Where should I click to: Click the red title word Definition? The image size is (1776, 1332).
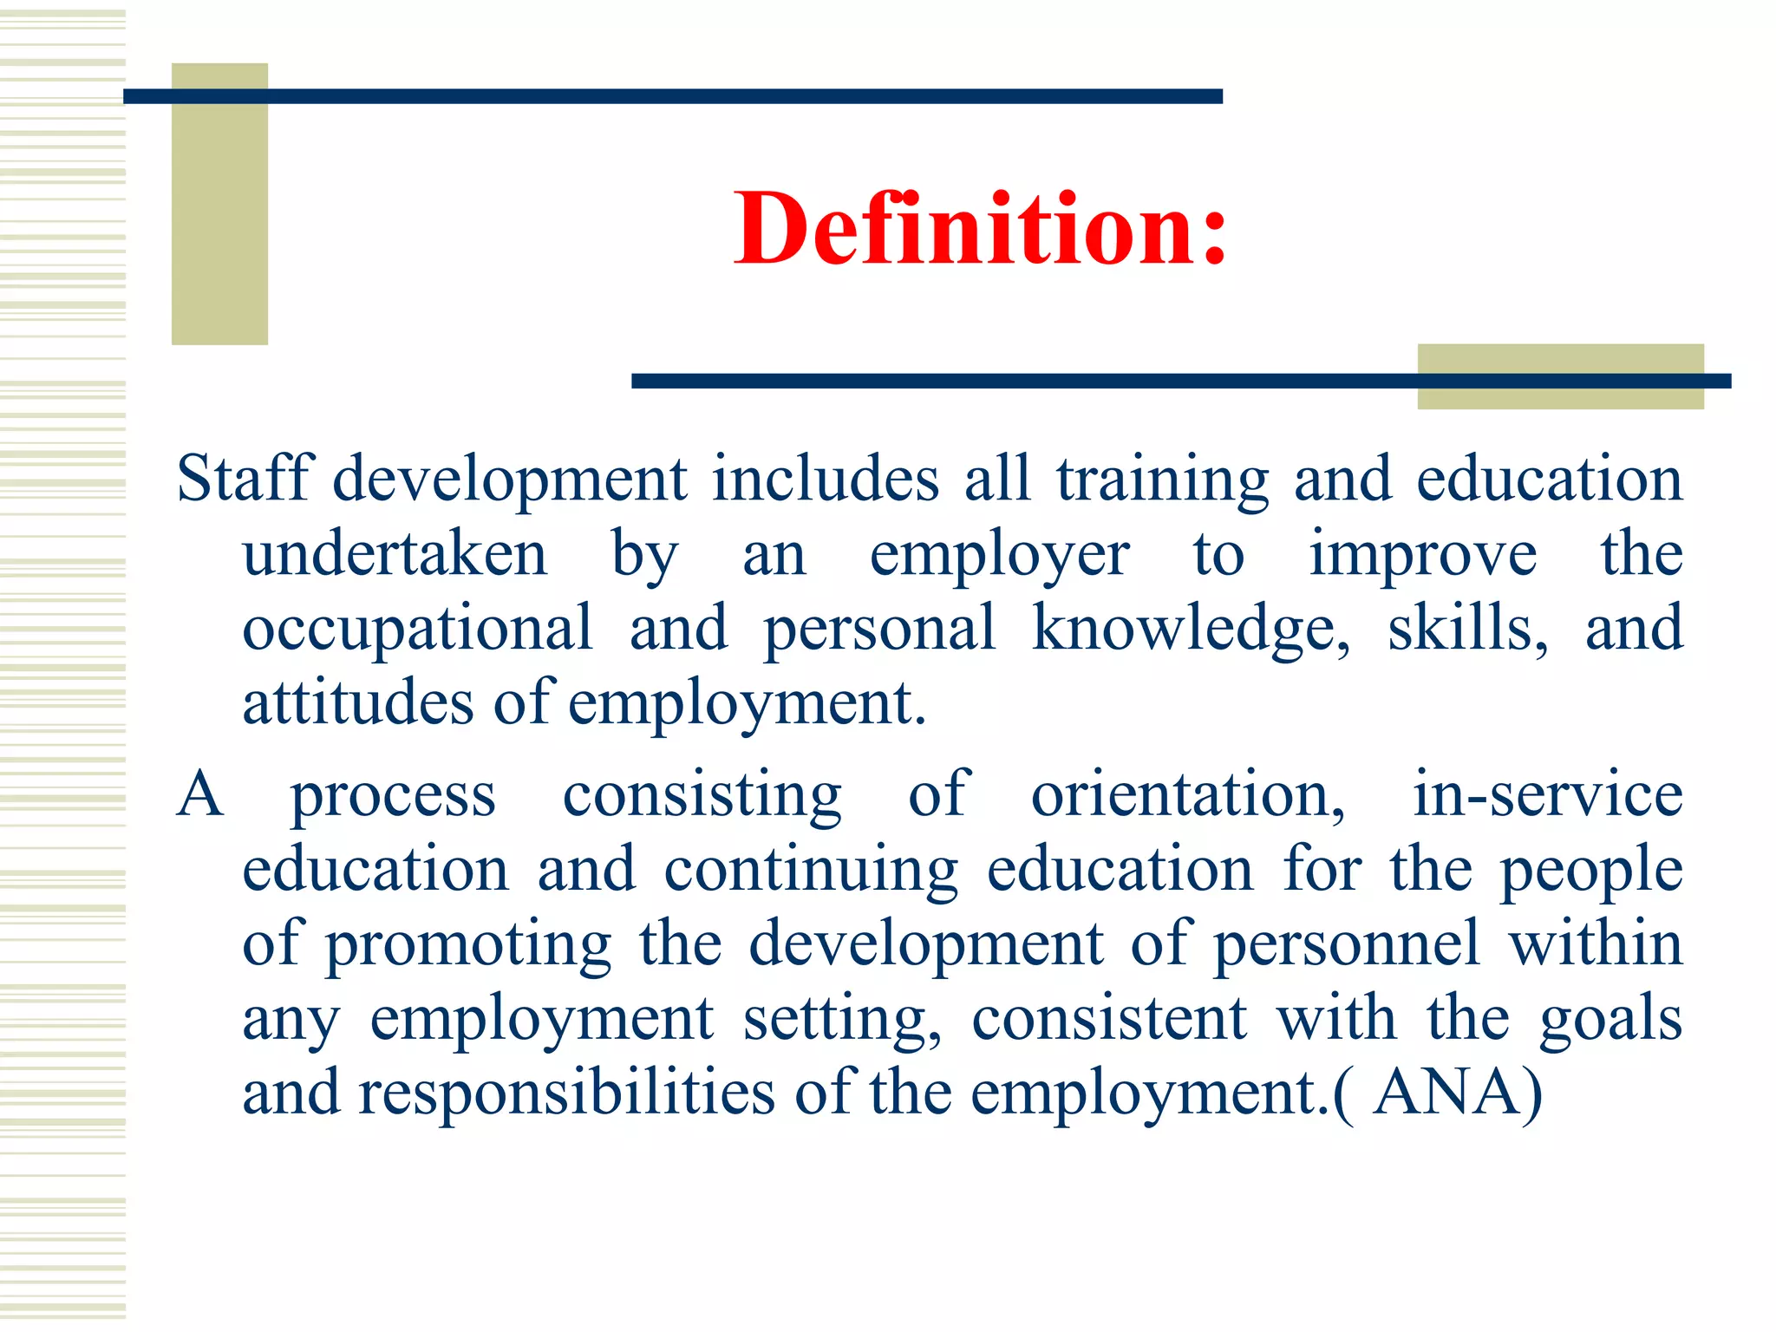980,228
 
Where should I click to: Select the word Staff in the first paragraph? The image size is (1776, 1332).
243,479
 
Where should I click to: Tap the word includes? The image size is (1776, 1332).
825,479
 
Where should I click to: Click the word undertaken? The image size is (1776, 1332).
395,554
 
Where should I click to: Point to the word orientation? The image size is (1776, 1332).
1187,794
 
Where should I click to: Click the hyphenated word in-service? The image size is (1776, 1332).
1547,794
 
